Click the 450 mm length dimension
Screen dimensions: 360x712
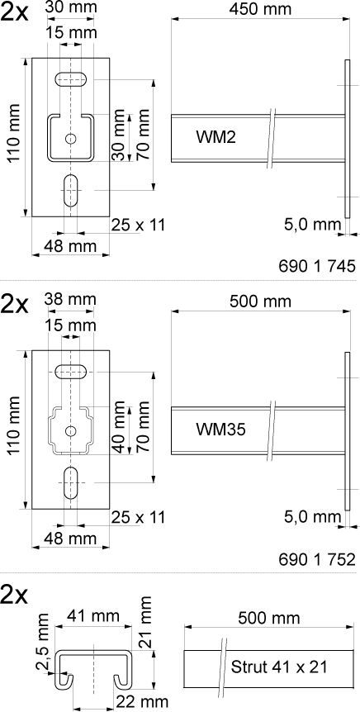tap(261, 8)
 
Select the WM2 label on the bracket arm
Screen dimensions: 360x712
tap(216, 136)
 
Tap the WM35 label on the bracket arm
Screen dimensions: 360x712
tap(220, 430)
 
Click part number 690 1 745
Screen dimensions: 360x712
tap(317, 267)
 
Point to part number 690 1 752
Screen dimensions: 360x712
tap(317, 559)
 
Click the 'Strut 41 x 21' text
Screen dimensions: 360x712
tap(279, 667)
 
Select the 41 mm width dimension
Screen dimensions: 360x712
tap(93, 616)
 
